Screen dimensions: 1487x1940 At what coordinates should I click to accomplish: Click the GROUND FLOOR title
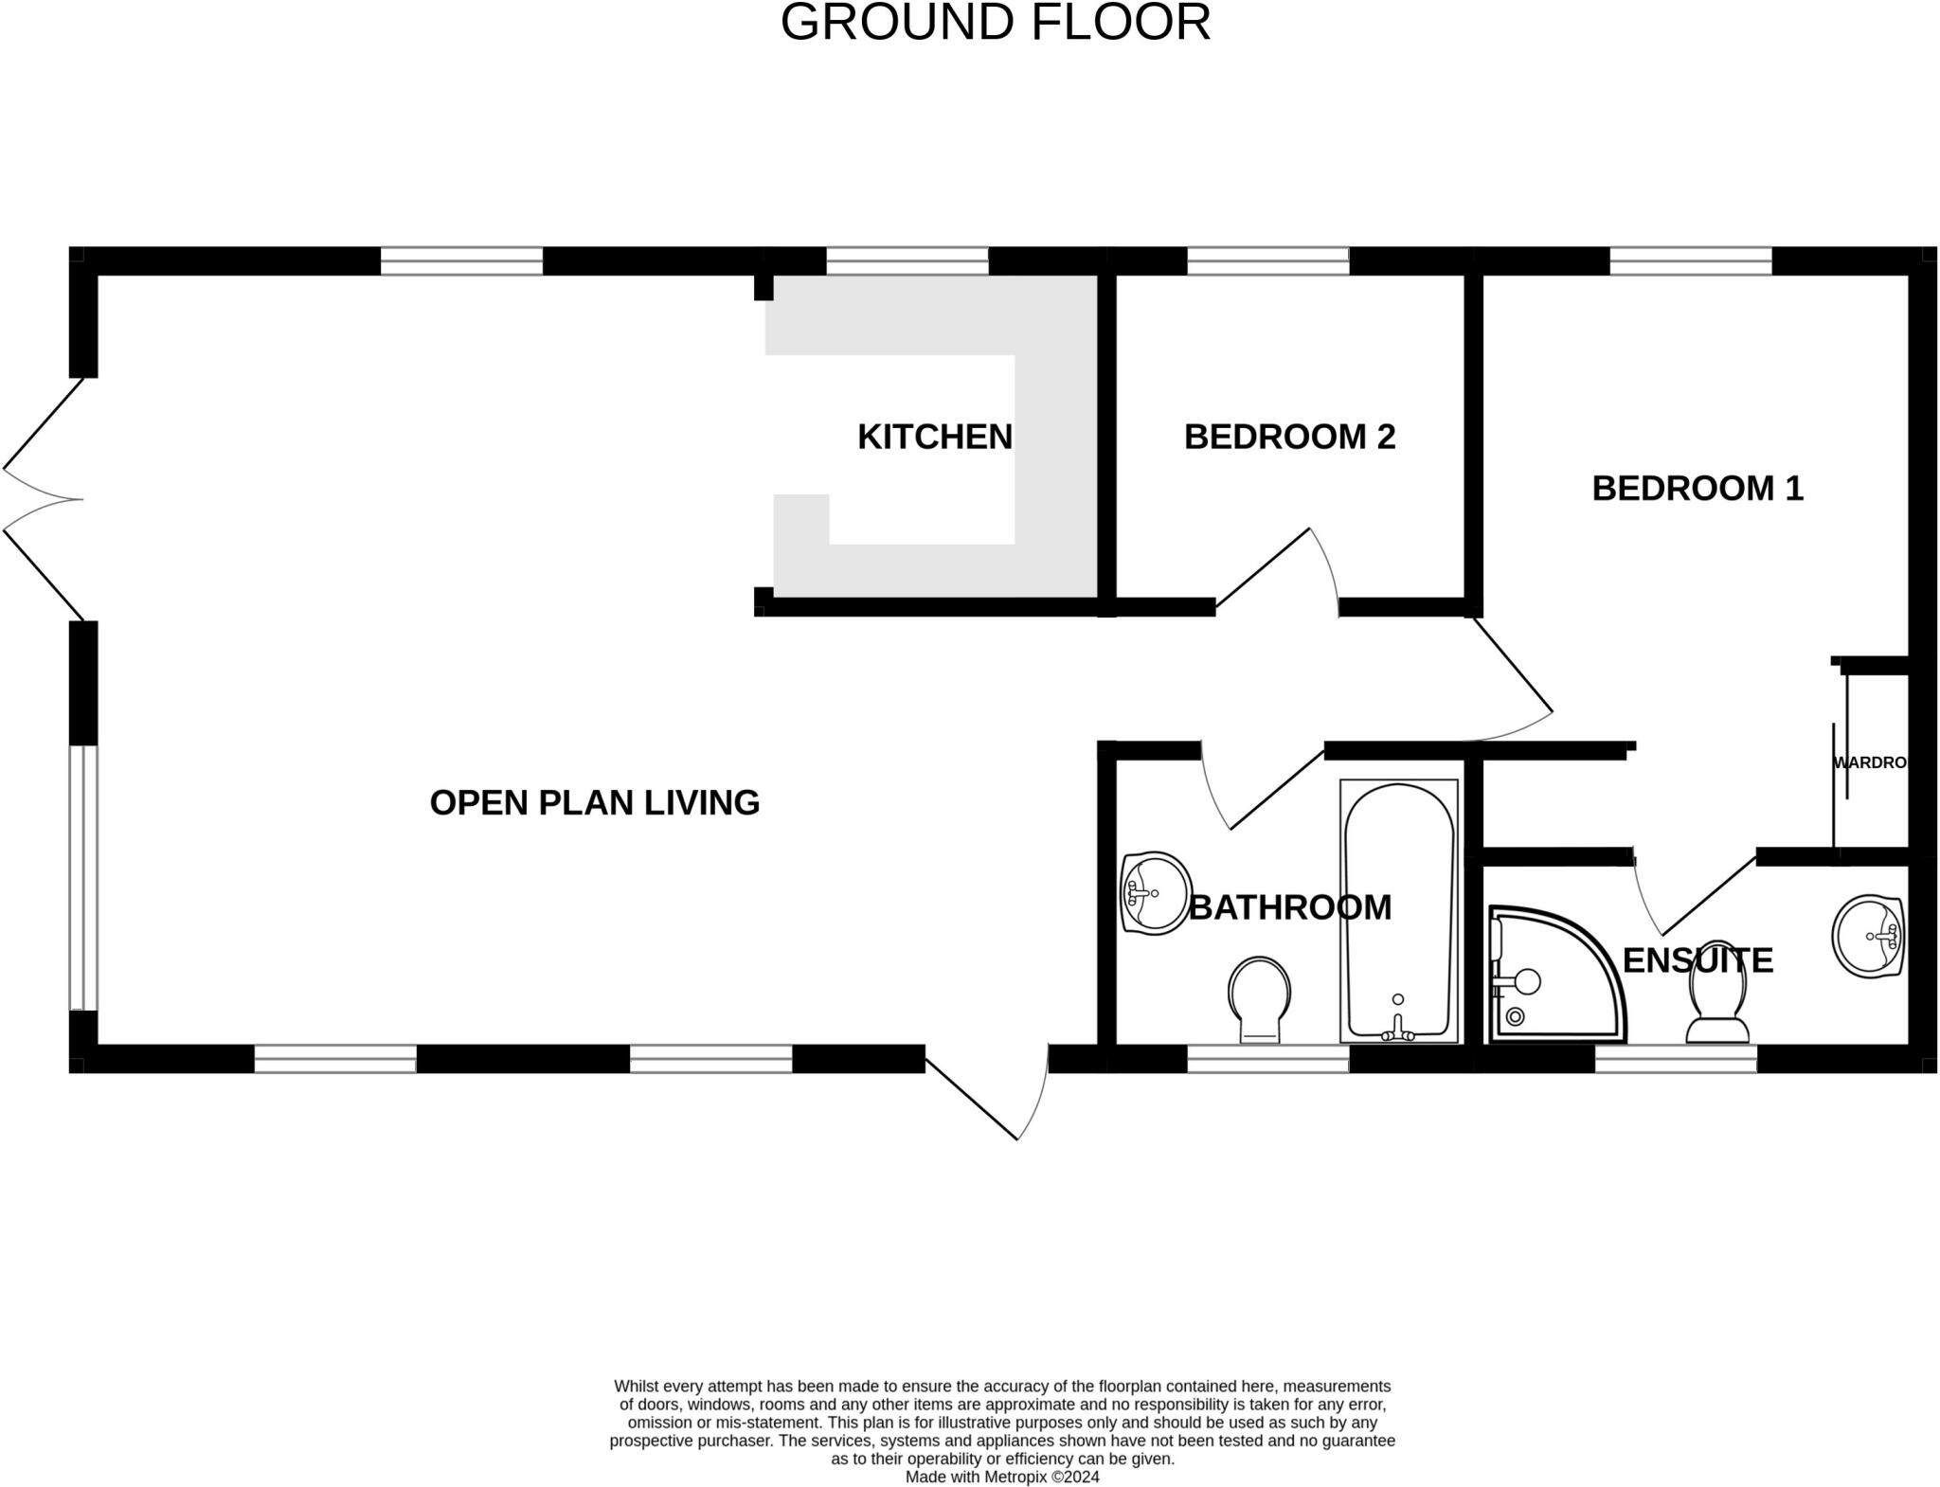click(x=995, y=23)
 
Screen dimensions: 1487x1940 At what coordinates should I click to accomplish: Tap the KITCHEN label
click(x=934, y=437)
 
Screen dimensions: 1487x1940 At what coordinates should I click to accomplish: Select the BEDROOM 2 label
click(x=1289, y=437)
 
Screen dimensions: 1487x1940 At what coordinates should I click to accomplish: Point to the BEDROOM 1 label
click(x=1697, y=489)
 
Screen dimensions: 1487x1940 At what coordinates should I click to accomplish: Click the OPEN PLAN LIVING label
click(x=594, y=803)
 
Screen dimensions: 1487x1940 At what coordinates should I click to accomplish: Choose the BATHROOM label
click(x=1289, y=907)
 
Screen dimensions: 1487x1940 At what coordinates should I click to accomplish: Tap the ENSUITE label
click(x=1697, y=960)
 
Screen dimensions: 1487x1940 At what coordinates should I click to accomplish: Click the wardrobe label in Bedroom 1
click(x=1868, y=762)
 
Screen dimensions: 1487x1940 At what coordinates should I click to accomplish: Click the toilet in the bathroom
click(x=1259, y=999)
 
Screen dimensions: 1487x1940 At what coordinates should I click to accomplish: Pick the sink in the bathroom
click(x=1155, y=892)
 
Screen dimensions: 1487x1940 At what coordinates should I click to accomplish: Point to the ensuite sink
click(x=1868, y=936)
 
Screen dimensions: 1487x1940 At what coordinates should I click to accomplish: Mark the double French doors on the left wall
click(x=43, y=499)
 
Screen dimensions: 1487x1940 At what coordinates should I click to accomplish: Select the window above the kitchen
click(x=907, y=260)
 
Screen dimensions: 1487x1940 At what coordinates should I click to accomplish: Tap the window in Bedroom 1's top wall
click(x=1690, y=260)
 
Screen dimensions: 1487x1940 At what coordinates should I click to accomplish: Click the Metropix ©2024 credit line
click(x=1002, y=1477)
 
